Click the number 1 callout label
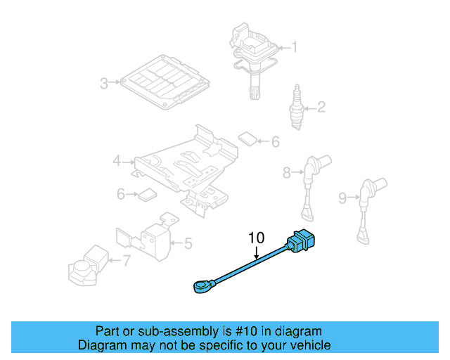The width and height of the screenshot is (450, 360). click(x=294, y=48)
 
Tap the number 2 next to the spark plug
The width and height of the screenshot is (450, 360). click(x=321, y=108)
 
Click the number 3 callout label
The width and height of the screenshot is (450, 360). click(x=104, y=84)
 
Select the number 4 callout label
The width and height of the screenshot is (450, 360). click(x=117, y=162)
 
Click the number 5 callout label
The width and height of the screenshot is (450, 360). click(x=188, y=244)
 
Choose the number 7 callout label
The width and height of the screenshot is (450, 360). click(x=126, y=262)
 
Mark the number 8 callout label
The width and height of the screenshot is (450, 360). click(x=287, y=172)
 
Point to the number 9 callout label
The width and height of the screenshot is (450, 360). click(x=342, y=198)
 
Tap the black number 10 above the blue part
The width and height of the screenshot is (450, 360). click(x=255, y=238)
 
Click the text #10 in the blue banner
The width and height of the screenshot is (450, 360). click(x=234, y=331)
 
